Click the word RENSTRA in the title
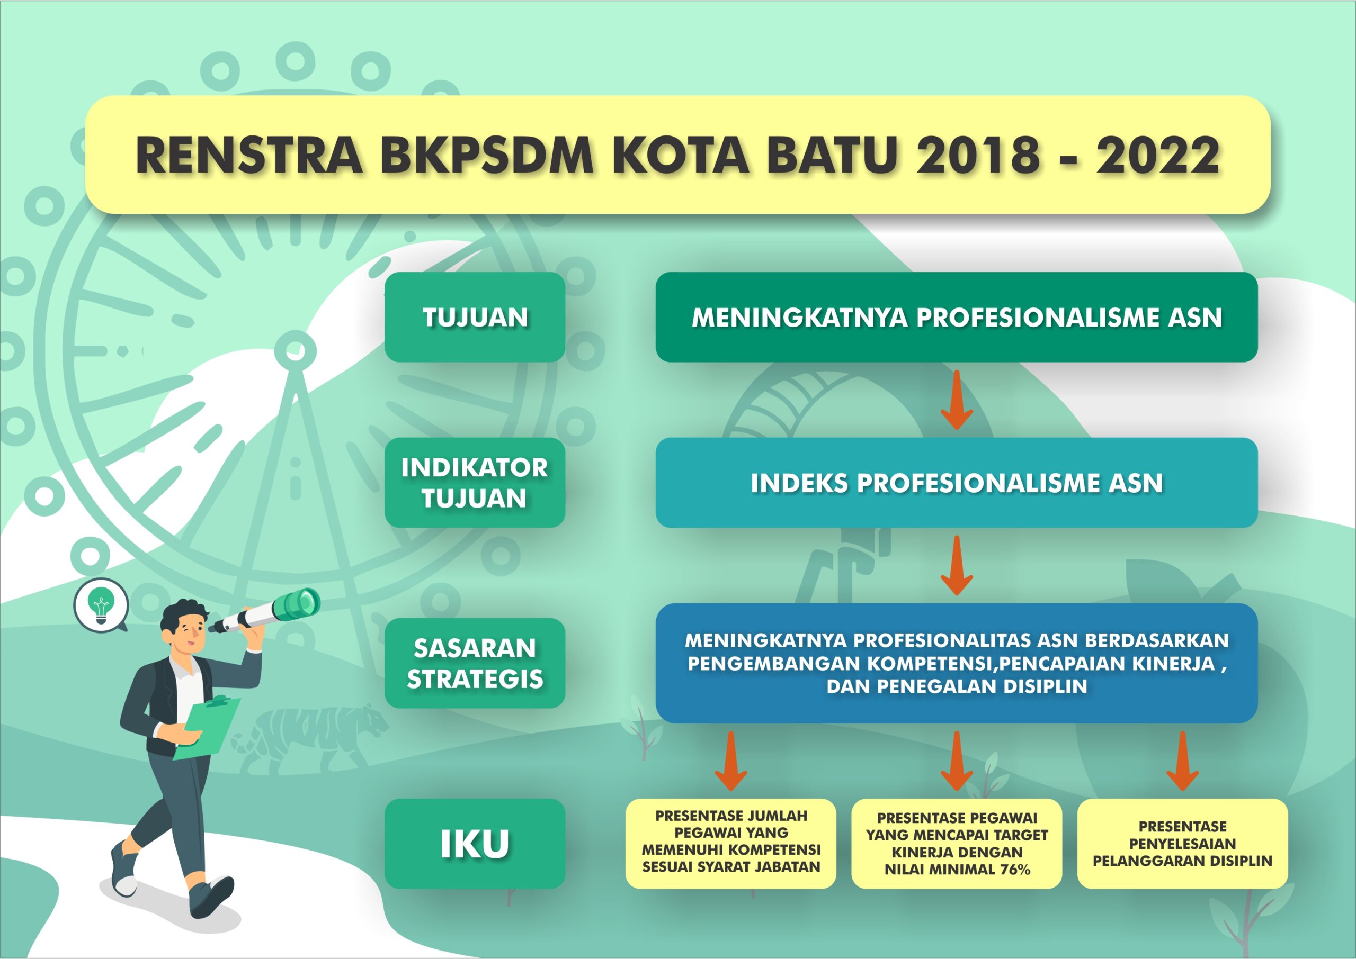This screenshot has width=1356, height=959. pos(249,155)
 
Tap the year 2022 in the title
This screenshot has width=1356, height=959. pos(1158,155)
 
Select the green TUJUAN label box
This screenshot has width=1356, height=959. pos(475,317)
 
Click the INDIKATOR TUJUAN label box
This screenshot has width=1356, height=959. pos(475,483)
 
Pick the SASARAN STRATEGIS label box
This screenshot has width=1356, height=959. pos(475,663)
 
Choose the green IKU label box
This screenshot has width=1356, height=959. pos(475,844)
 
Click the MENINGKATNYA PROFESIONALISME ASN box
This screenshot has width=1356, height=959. pos(957,317)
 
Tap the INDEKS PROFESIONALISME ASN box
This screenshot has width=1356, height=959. pos(957,483)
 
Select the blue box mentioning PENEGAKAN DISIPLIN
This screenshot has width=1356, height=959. pos(957,663)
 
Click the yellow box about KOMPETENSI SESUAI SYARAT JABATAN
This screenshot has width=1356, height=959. pos(731,844)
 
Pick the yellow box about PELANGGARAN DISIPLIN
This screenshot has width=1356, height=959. pos(1182,844)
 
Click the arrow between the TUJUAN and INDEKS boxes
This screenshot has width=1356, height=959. pos(957,400)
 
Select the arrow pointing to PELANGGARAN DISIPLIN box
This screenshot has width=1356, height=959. pos(1182,761)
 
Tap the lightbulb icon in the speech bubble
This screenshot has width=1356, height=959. pos(101,606)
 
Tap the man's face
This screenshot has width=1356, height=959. pos(189,632)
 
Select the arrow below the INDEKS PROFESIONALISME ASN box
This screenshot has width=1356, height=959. pos(957,565)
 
